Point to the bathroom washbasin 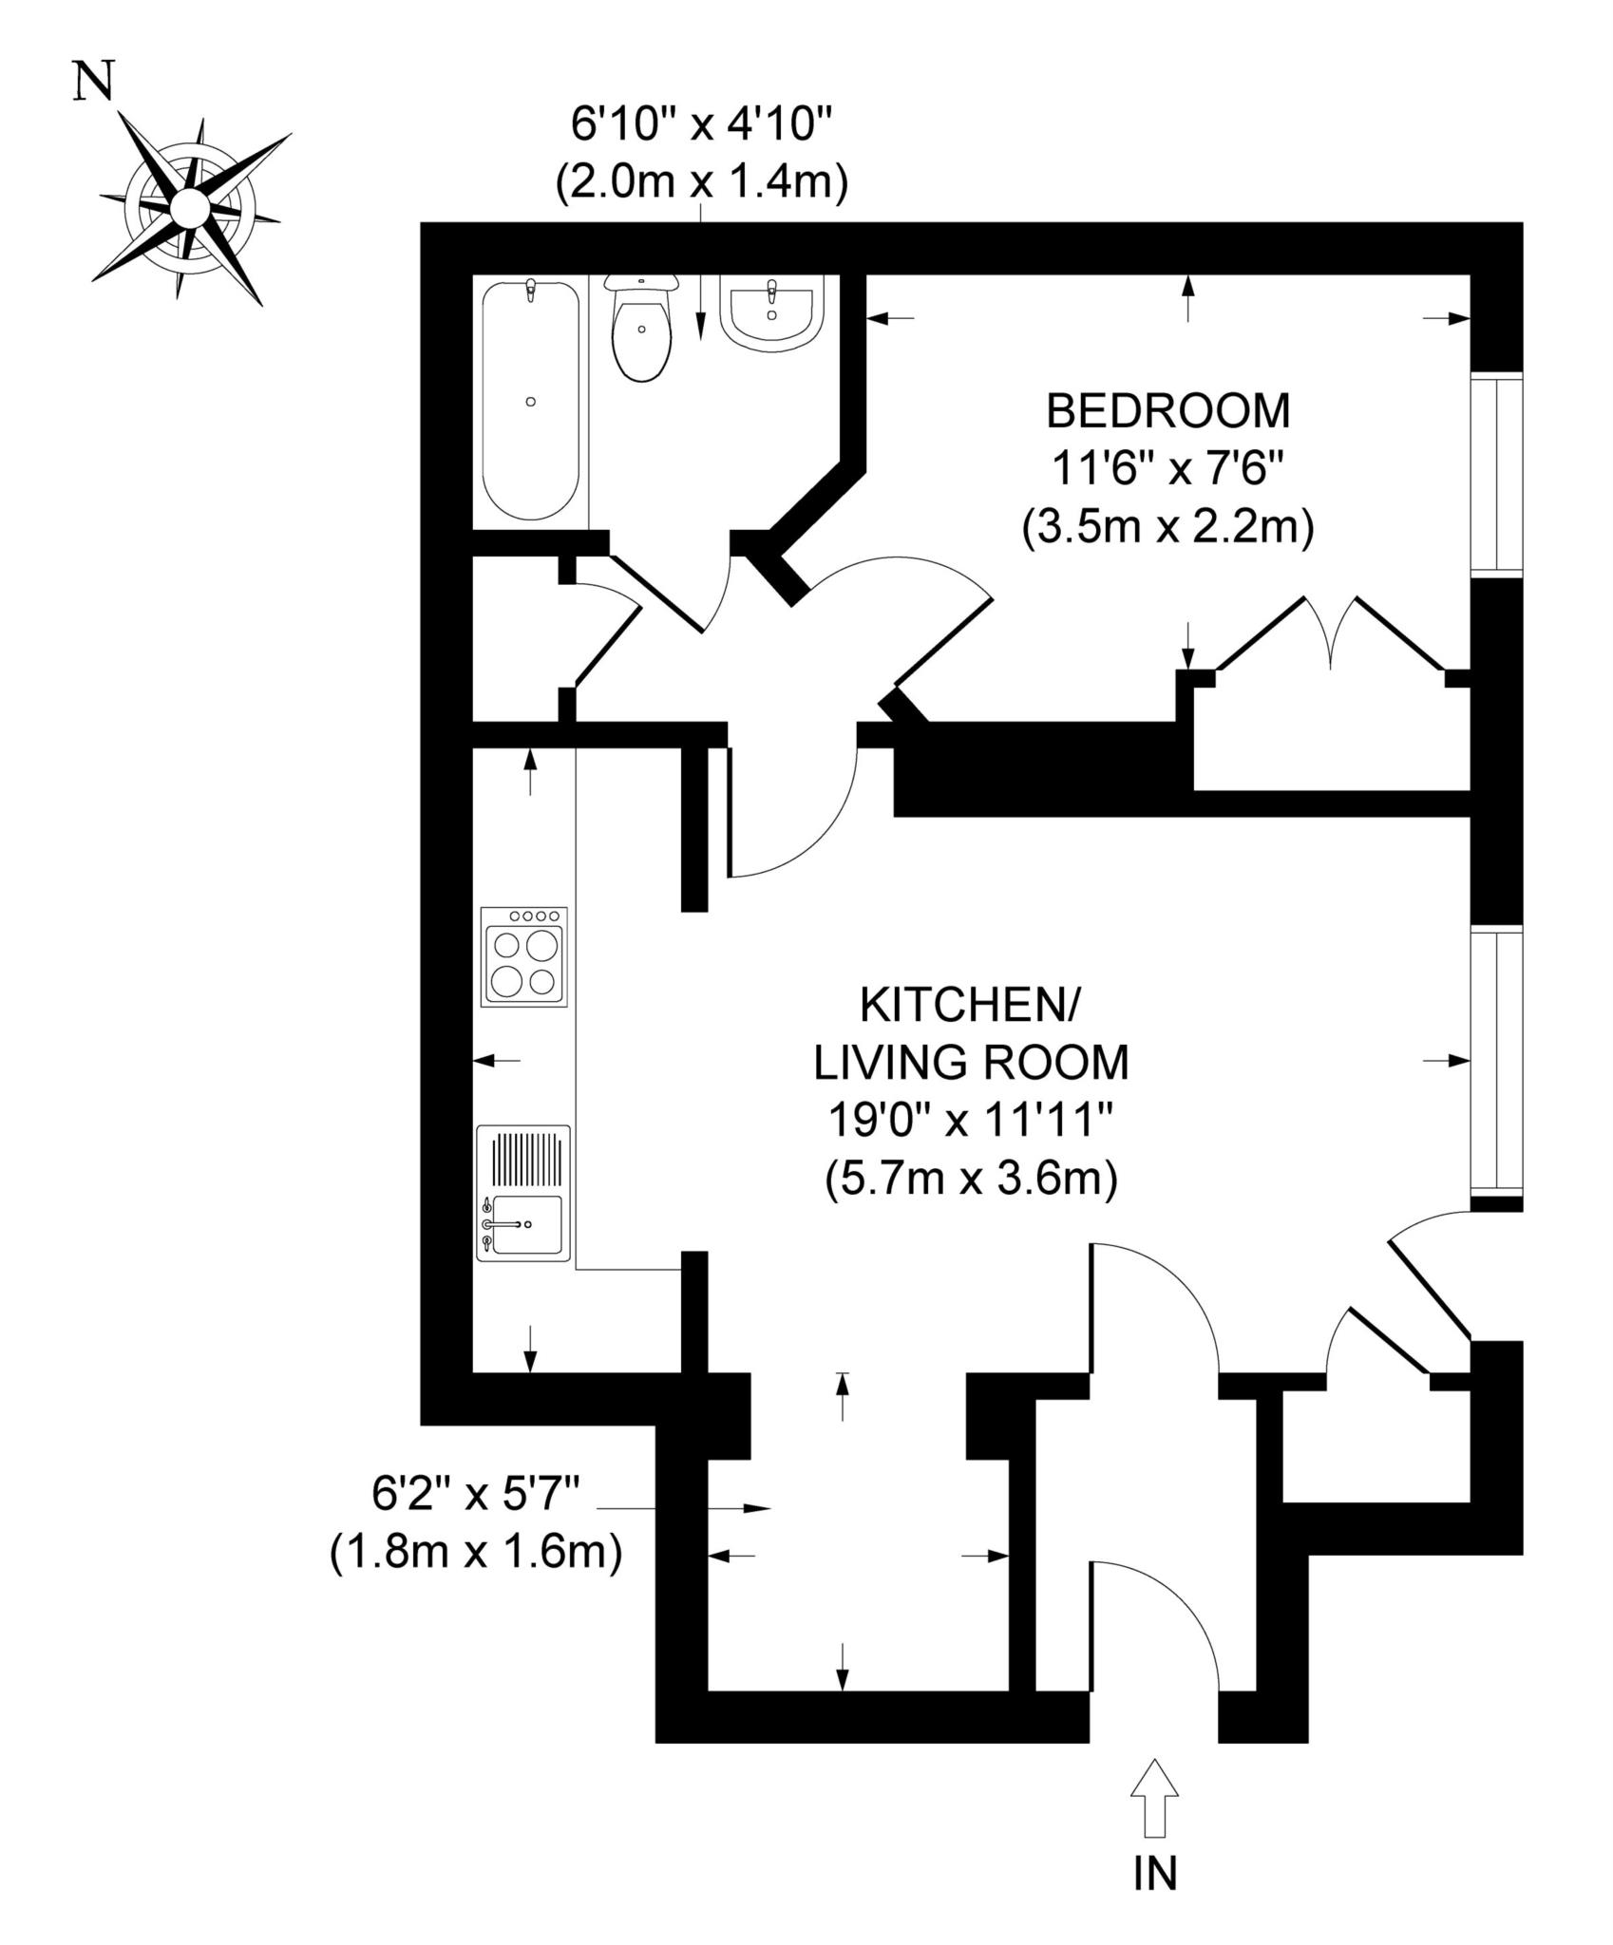point(771,310)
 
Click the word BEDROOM point(1168,411)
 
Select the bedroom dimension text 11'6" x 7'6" point(1168,468)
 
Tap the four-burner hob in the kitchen point(524,956)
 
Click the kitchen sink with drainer point(524,1193)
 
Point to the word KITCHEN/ point(970,1006)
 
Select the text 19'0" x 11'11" point(970,1122)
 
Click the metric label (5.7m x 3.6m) point(971,1180)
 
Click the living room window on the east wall point(1497,1062)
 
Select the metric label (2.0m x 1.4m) point(701,181)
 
